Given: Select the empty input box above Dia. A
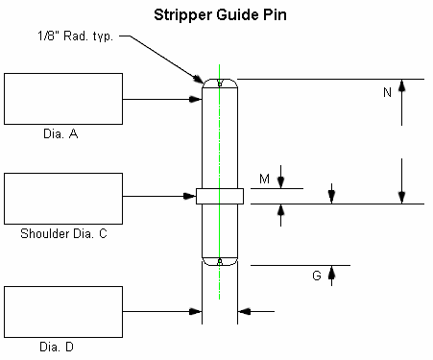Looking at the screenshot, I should (x=62, y=99).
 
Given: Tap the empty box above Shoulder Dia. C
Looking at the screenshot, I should (x=62, y=198).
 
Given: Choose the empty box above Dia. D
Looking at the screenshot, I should (x=62, y=310).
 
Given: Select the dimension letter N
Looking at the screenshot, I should (x=387, y=93).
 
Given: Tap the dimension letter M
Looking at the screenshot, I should (x=264, y=179).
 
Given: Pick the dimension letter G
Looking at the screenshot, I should (x=316, y=276).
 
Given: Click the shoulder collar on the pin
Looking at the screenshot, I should (x=220, y=196).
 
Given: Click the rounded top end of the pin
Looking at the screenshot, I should (x=220, y=84).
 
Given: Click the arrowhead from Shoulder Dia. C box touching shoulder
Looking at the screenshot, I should (x=191, y=197).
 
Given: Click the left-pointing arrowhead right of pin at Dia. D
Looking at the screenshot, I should (x=243, y=310).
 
